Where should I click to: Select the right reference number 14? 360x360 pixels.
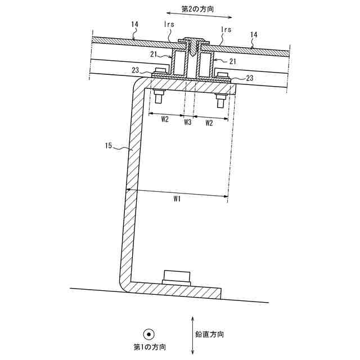(254, 34)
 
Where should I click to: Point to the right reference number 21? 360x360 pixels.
(233, 60)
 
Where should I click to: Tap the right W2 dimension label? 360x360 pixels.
(209, 121)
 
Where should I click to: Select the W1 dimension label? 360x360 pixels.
(177, 199)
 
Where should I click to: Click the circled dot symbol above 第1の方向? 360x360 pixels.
(148, 334)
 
